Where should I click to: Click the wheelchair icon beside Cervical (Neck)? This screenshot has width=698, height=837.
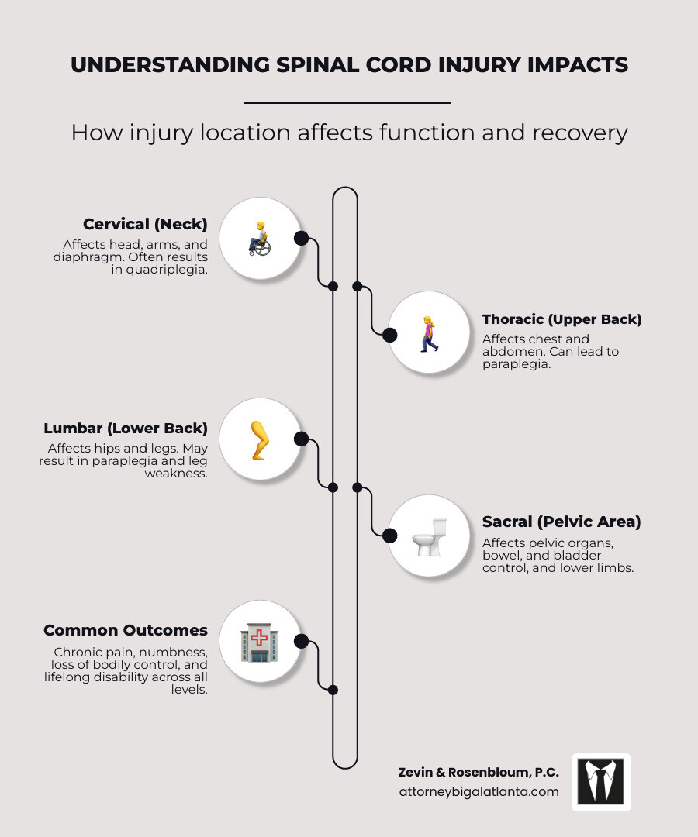259,238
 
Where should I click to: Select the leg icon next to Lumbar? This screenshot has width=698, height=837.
259,439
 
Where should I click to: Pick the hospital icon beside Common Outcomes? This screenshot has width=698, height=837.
259,641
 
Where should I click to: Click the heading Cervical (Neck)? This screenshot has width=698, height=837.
145,224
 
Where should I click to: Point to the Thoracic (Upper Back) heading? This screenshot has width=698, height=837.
562,319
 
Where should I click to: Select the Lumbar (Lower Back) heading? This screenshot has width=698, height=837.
126,428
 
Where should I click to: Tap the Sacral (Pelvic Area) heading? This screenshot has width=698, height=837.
562,522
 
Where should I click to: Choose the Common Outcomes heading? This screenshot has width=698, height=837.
126,630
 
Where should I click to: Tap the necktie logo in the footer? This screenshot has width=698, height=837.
601,781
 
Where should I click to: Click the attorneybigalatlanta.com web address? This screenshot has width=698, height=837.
479,791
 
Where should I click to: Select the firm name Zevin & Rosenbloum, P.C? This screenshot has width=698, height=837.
479,772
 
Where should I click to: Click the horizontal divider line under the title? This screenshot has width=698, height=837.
347,102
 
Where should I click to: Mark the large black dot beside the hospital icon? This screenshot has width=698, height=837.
302,641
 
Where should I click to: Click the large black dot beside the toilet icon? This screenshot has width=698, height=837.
390,536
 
